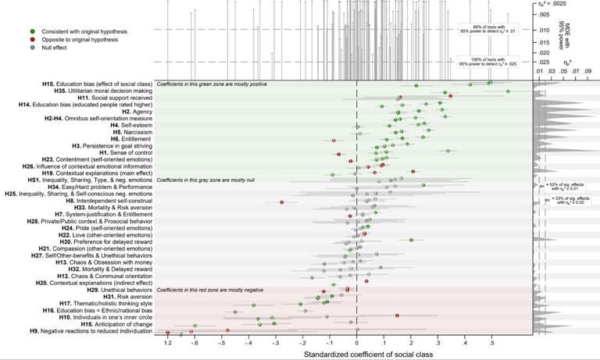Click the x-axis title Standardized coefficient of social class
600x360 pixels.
[x=356, y=355]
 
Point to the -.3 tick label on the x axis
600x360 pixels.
[x=274, y=342]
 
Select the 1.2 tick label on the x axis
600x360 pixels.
[x=167, y=342]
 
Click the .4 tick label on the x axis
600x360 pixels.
[x=466, y=342]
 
